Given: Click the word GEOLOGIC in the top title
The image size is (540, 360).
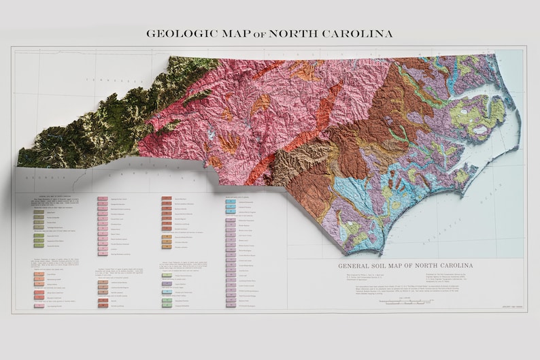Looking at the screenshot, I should (x=182, y=33).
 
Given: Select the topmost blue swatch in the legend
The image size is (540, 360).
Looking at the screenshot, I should (x=231, y=202).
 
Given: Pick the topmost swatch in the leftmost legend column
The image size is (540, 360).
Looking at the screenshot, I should (x=39, y=212).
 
